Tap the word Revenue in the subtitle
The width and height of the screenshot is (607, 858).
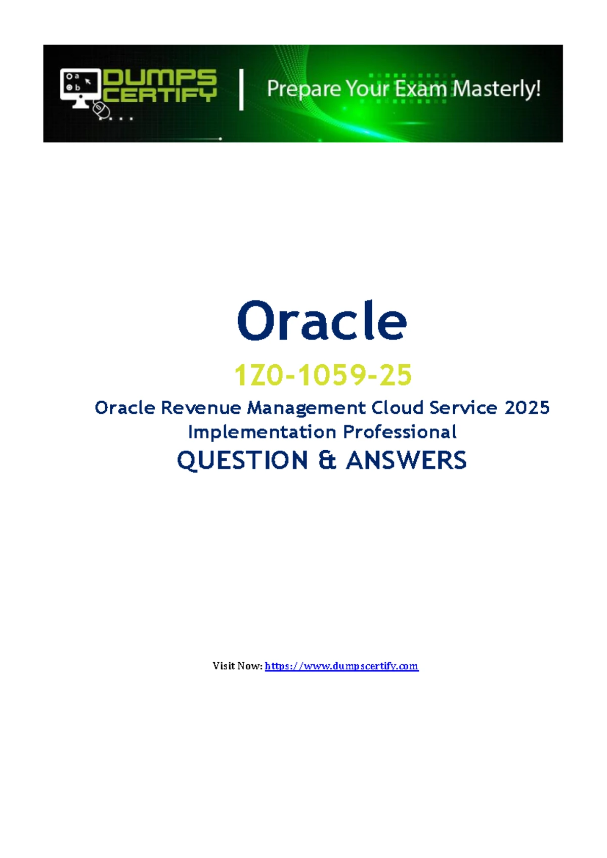coord(201,408)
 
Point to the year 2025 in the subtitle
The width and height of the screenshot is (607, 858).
coord(527,408)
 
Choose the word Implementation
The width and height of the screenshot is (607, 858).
coord(263,433)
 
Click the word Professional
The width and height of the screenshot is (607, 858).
coord(400,432)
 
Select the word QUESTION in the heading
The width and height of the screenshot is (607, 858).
coord(242,460)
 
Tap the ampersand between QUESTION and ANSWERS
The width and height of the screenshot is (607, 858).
coord(327,460)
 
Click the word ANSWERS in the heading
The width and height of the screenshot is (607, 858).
coord(406,460)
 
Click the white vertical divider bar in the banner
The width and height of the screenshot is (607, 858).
coord(241,90)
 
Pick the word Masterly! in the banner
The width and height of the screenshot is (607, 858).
coord(497,89)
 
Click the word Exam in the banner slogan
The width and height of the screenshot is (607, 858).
coord(420,89)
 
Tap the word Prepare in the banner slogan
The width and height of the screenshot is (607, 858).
coord(303,90)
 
